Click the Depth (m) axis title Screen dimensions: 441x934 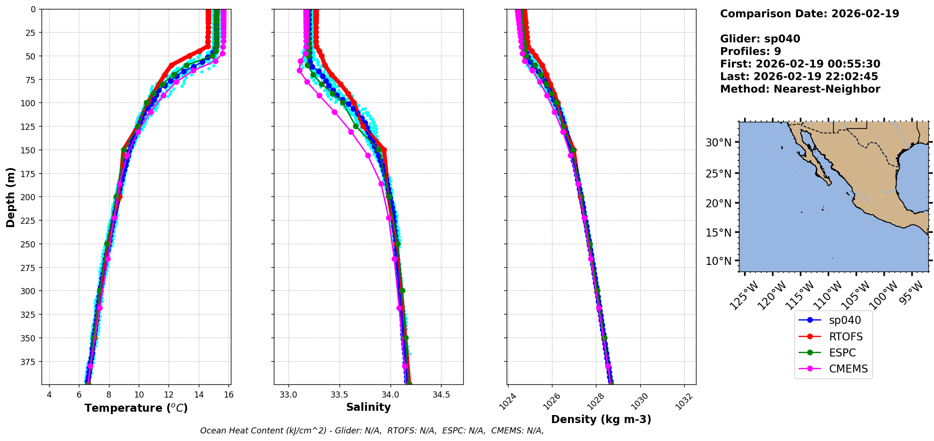click(10, 197)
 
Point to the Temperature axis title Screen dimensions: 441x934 click(136, 408)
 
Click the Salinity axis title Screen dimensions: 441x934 click(368, 407)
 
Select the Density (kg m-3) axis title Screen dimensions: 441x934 click(601, 419)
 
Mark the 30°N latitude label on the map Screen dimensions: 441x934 click(718, 143)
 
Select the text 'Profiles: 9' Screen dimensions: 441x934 click(750, 51)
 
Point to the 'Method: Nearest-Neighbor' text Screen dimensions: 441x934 click(800, 89)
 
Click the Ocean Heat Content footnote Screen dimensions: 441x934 click(372, 431)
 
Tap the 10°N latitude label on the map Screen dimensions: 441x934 click(718, 261)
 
